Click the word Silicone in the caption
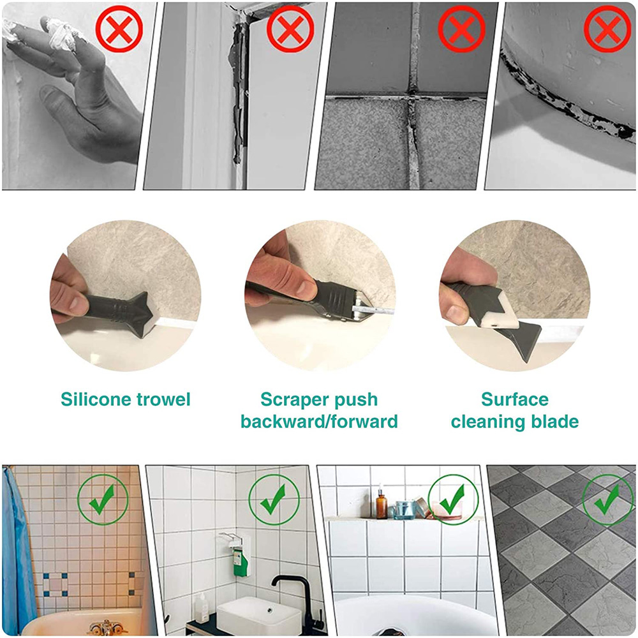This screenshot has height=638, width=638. (96, 400)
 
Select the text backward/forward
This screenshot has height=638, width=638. (319, 422)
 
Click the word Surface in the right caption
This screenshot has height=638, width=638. (514, 400)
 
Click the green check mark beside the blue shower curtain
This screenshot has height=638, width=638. (101, 499)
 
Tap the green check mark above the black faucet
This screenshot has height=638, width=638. (273, 500)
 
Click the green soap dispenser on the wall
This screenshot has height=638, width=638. (240, 562)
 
